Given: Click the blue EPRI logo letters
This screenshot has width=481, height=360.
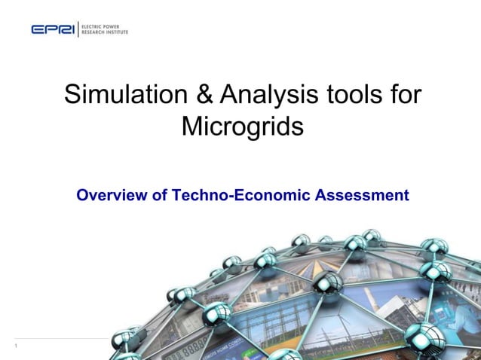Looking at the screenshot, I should [x=53, y=29].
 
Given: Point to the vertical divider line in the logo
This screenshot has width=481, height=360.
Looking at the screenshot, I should [x=78, y=29].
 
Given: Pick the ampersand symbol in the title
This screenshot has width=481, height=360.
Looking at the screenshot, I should [x=208, y=95].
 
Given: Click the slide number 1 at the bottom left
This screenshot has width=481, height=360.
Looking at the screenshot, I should [x=15, y=346].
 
